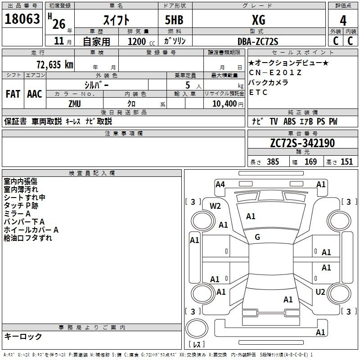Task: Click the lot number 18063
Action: [x=22, y=19]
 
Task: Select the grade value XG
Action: [x=258, y=20]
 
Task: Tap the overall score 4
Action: [x=343, y=20]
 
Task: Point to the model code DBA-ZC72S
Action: [x=258, y=41]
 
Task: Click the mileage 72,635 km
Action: [x=54, y=64]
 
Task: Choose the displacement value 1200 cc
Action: [x=137, y=41]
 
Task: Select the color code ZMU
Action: [x=75, y=103]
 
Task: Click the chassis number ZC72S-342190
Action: [x=302, y=143]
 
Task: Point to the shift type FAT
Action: [x=13, y=94]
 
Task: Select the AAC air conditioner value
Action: [x=35, y=94]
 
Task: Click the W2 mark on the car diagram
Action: [x=216, y=206]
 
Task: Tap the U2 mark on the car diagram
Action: [x=320, y=292]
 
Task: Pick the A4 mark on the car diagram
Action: [x=220, y=184]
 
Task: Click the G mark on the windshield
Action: [x=257, y=237]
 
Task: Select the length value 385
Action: [x=272, y=162]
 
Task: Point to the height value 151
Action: [x=346, y=162]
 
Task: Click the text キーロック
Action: [x=23, y=336]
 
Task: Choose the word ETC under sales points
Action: [x=258, y=93]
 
